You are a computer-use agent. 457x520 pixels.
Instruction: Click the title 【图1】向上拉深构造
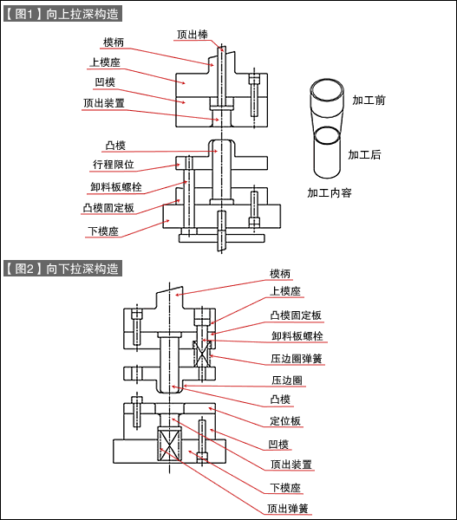[x=62, y=14]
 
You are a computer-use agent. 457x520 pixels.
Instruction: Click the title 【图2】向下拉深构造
[x=62, y=269]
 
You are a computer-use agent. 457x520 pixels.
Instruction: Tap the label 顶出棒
[x=192, y=36]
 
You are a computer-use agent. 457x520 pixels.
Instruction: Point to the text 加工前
[x=369, y=101]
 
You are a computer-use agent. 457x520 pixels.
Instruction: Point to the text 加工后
[x=364, y=155]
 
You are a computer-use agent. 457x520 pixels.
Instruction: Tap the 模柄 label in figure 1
[x=114, y=42]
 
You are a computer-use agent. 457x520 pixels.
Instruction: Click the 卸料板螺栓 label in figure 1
[x=115, y=186]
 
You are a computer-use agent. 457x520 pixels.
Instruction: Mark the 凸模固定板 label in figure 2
[x=296, y=315]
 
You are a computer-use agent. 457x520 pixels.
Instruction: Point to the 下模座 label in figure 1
[x=103, y=231]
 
